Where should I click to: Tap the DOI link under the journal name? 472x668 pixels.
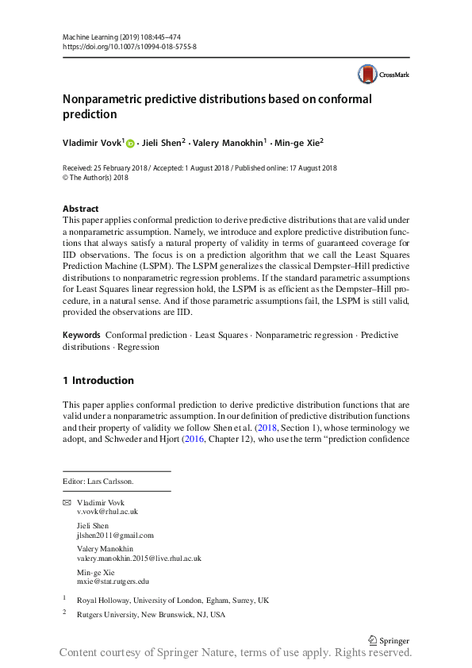coord(129,47)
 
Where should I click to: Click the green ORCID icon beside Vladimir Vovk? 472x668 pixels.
coord(130,144)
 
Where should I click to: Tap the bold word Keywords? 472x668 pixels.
coord(82,336)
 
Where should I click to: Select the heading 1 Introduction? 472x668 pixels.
coord(98,380)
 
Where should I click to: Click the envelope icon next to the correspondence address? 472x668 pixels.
coord(67,504)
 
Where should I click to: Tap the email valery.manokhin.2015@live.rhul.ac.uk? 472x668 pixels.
coord(139,558)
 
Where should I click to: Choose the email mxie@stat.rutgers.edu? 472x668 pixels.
coord(113,581)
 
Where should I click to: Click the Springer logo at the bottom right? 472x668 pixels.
coord(389,639)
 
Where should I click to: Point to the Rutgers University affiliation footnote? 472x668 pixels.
coord(151,615)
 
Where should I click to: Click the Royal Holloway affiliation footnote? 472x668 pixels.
coord(172,601)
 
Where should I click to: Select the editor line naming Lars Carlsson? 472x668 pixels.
coord(98,481)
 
